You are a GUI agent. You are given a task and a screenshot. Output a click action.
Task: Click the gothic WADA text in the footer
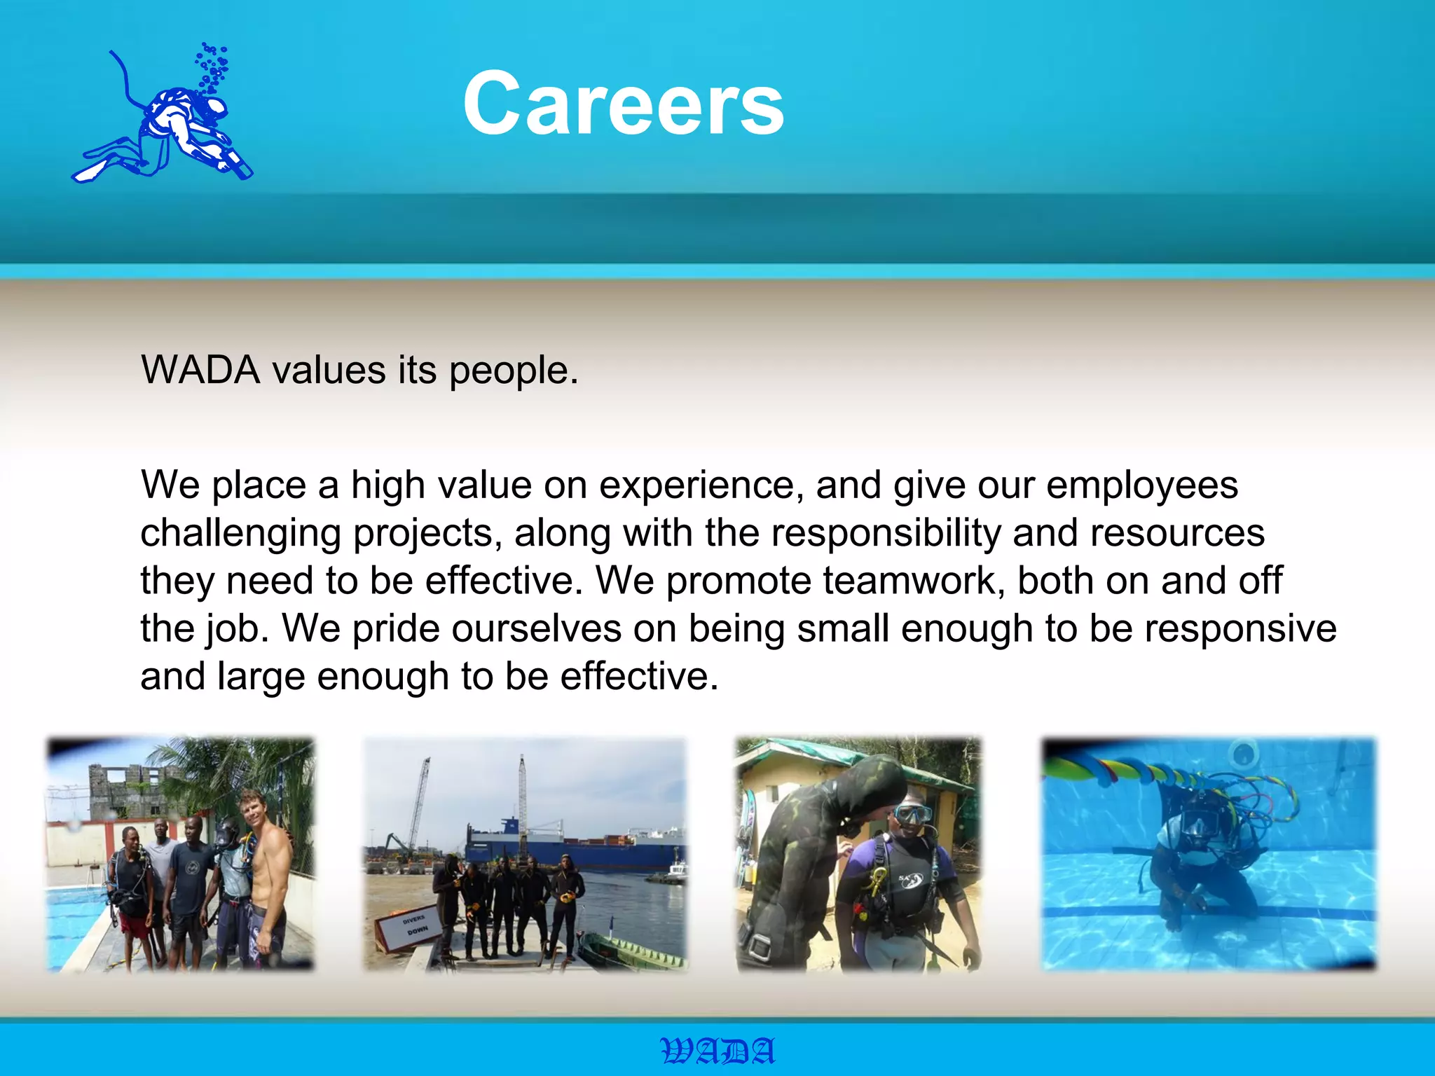tap(718, 1051)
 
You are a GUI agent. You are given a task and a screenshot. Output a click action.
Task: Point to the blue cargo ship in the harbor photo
tap(575, 848)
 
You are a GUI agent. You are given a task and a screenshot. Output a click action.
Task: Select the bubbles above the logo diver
tap(212, 67)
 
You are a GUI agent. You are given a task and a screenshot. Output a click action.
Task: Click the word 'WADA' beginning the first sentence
tap(200, 371)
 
